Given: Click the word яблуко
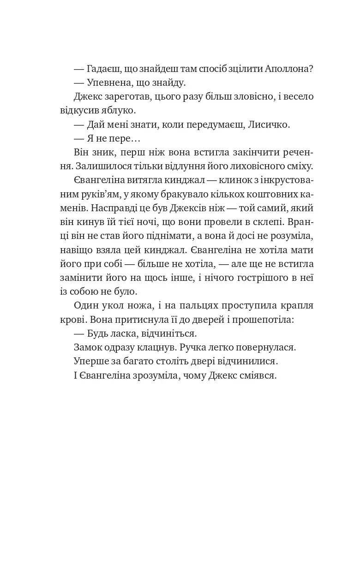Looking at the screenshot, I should [119, 111].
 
